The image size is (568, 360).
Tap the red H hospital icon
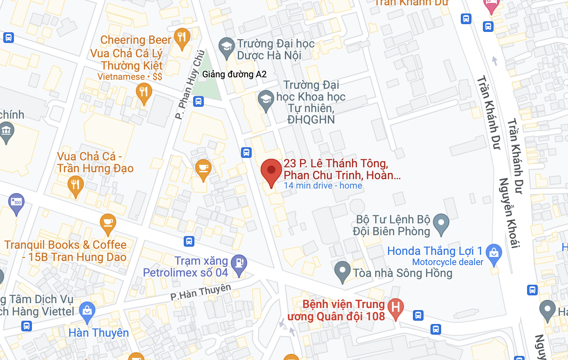(x=395, y=308)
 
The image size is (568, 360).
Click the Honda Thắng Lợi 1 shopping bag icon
(x=494, y=253)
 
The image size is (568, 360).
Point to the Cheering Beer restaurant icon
(x=181, y=38)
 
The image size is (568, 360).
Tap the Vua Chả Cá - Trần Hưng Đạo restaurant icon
(x=75, y=185)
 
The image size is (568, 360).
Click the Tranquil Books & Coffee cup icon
(x=108, y=223)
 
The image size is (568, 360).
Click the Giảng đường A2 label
(x=234, y=74)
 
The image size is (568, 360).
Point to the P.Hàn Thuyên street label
(x=201, y=292)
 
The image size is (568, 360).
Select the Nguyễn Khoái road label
(x=509, y=213)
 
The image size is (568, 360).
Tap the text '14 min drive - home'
(x=323, y=186)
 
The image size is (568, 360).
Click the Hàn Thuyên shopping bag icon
(x=87, y=311)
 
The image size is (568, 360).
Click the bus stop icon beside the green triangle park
(x=198, y=101)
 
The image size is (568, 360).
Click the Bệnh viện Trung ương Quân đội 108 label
(x=336, y=310)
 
